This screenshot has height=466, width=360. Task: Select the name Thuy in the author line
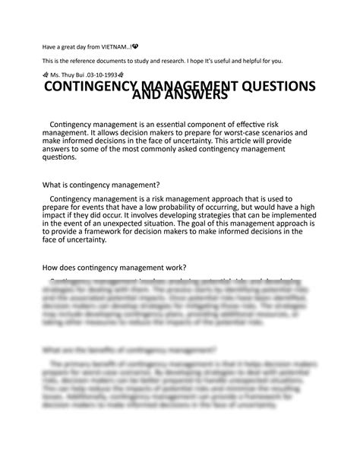coord(71,75)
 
